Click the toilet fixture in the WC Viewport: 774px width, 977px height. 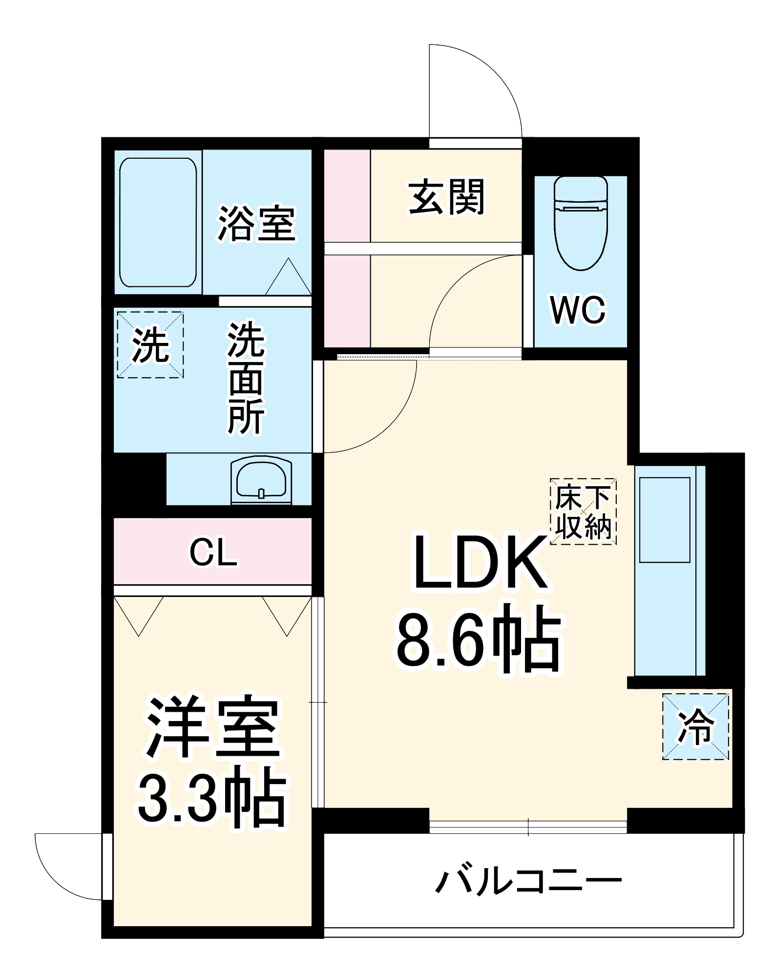click(x=581, y=222)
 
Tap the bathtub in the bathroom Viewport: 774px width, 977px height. click(x=158, y=222)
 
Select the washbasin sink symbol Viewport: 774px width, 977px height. click(x=261, y=480)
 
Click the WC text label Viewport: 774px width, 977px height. click(x=578, y=310)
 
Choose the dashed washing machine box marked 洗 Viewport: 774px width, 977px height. click(x=150, y=345)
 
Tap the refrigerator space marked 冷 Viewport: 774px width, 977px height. click(x=695, y=727)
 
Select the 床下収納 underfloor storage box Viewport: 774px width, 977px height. click(x=583, y=511)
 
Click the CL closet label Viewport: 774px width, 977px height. click(x=213, y=553)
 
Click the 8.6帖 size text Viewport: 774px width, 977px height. click(x=479, y=639)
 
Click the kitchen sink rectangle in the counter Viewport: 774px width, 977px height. click(x=665, y=520)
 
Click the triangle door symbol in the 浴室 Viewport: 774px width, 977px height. click(x=289, y=277)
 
